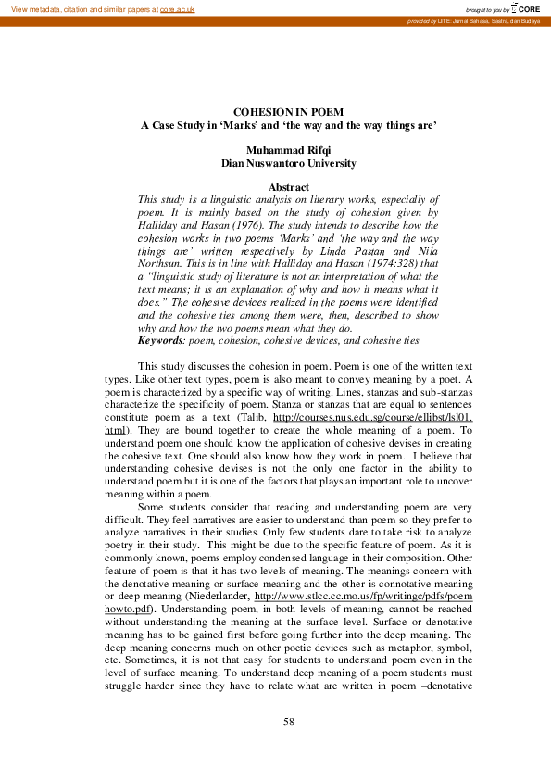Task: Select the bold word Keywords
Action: coord(160,340)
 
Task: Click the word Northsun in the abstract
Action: coord(162,264)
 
